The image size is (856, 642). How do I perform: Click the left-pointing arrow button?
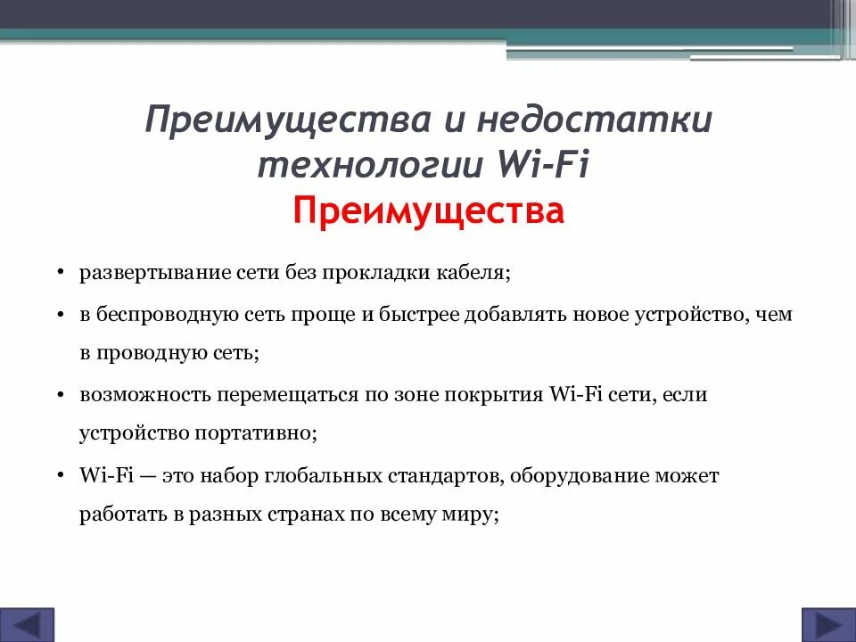point(33,623)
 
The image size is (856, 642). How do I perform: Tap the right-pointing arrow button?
point(823,623)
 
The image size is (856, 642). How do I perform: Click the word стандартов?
point(448,475)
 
